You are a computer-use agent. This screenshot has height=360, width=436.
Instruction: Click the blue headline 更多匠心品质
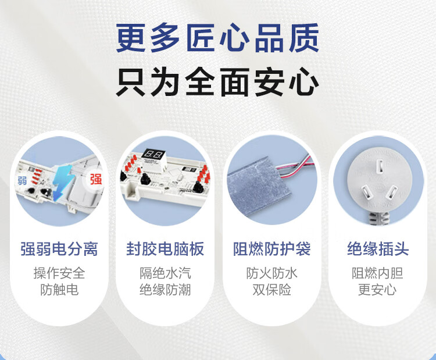pos(217,38)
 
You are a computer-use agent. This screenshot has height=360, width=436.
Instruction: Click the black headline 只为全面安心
pos(217,82)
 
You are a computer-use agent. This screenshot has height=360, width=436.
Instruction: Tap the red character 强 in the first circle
pos(96,179)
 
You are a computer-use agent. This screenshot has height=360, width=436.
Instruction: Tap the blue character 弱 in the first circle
pos(22,181)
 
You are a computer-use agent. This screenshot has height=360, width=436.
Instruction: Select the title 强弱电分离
pos(59,249)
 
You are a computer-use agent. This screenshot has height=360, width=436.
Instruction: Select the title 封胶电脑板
pos(165,249)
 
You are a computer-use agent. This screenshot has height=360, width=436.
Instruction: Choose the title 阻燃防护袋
pos(271,249)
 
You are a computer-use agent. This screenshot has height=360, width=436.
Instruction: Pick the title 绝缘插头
pos(378,249)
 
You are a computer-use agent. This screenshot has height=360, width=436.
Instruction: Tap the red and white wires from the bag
pos(296,166)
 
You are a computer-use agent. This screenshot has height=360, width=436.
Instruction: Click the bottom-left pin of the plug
pos(366,193)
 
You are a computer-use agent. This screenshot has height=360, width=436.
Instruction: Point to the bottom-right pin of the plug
pos(392,192)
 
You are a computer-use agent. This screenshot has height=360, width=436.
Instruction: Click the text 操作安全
pos(59,273)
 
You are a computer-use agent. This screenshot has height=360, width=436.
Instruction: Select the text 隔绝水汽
pos(165,273)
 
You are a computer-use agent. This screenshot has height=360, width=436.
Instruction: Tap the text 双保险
pos(271,290)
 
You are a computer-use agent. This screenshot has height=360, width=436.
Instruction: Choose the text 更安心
pos(377,290)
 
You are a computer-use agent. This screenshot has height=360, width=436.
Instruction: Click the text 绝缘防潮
pos(165,290)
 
